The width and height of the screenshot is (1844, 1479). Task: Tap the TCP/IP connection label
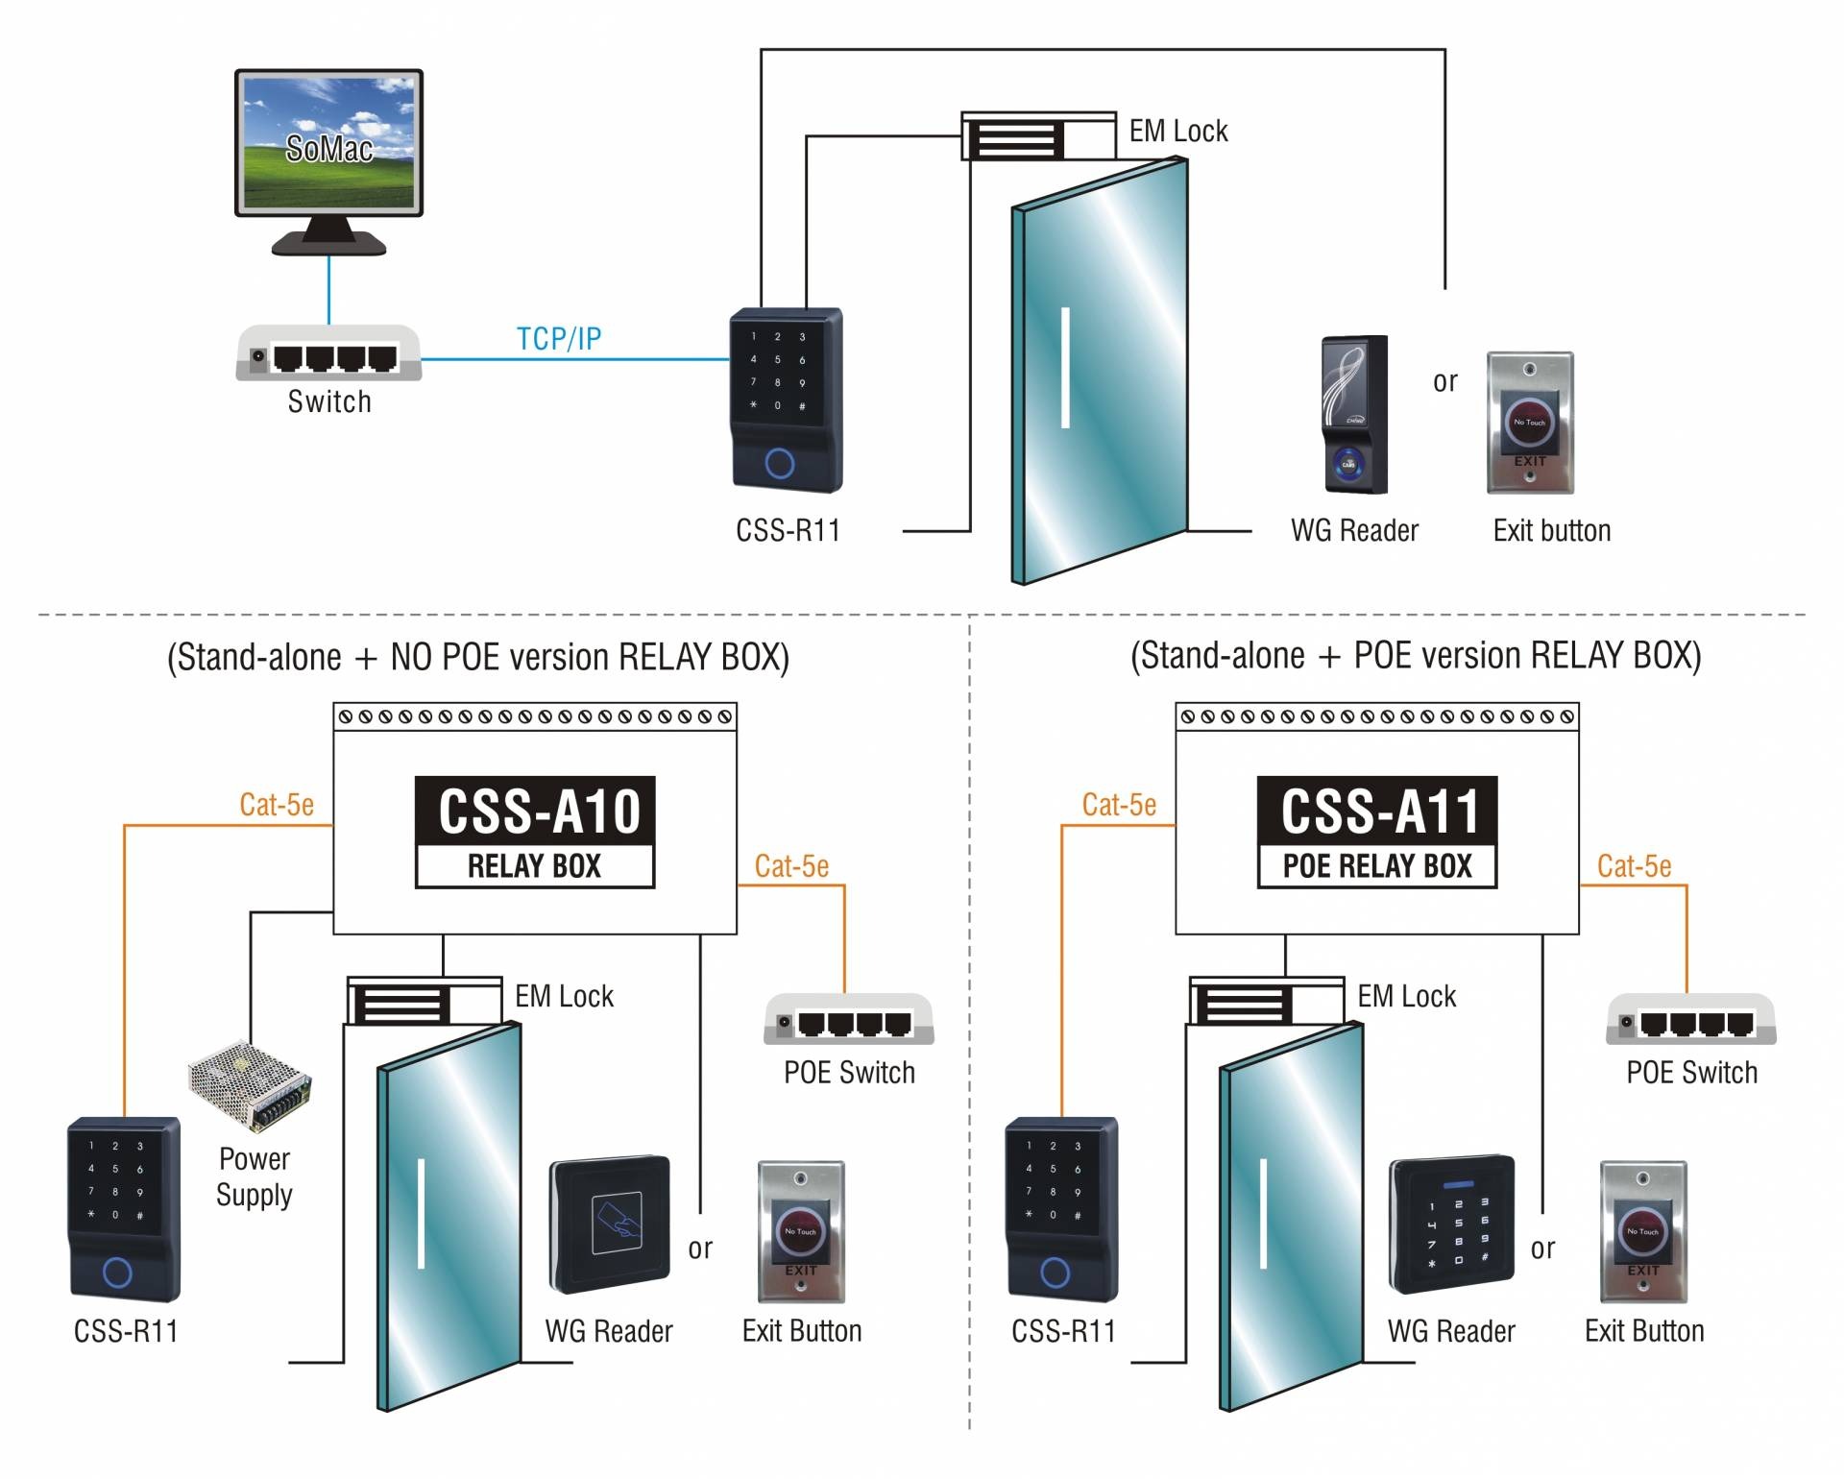point(558,339)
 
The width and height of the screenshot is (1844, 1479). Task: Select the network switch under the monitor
point(328,354)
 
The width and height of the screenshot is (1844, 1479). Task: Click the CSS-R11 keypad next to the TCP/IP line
point(787,400)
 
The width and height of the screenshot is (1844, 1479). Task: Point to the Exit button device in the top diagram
point(1530,423)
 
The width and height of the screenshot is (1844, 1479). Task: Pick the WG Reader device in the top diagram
point(1354,415)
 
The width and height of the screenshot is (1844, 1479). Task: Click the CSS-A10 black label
point(535,811)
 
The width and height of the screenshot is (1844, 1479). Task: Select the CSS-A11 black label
point(1377,811)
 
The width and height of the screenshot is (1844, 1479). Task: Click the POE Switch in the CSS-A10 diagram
point(849,1020)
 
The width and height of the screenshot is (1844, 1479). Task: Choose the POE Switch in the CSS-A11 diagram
point(1691,1020)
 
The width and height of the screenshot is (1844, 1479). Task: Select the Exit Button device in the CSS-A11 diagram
point(1643,1232)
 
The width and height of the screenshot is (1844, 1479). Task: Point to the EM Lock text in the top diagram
point(1177,132)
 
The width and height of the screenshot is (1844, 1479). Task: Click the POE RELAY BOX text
point(1377,866)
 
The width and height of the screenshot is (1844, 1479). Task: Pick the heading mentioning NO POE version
point(478,658)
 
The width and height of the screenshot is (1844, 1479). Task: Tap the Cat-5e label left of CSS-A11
point(1119,805)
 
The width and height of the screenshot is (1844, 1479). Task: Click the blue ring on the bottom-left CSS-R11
point(117,1273)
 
